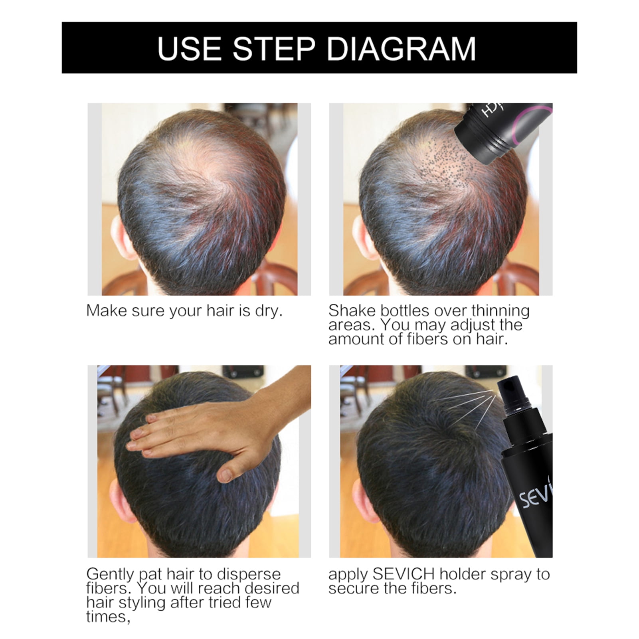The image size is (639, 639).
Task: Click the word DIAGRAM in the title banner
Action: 402,49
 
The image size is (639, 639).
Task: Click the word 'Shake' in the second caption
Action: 352,311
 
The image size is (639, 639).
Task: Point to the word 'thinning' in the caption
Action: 501,311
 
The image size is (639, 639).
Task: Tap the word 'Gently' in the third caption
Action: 110,575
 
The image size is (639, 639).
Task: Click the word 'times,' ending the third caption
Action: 108,617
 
